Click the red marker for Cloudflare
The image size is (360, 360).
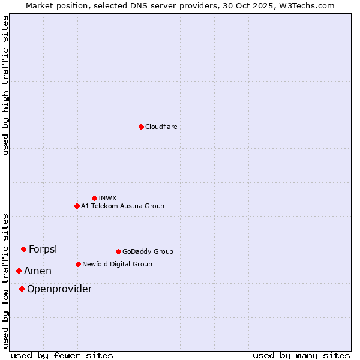[x=141, y=127]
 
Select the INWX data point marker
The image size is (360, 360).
[x=94, y=198]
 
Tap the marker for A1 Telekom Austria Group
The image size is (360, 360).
[x=77, y=206]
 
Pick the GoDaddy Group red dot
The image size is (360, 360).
[x=118, y=251]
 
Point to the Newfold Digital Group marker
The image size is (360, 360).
[x=78, y=264]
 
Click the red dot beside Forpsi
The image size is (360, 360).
[x=23, y=249]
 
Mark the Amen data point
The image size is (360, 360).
[x=19, y=271]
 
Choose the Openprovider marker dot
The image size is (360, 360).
[x=22, y=289]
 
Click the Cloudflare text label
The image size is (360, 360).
[x=161, y=127]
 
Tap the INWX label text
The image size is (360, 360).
[x=107, y=198]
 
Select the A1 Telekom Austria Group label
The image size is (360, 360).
[x=122, y=206]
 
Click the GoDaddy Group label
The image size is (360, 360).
[x=148, y=251]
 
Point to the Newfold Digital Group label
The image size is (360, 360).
[x=117, y=264]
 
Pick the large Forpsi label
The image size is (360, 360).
[x=43, y=250]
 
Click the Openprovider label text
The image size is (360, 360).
[x=59, y=289]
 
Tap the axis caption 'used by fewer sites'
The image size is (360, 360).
[x=62, y=355]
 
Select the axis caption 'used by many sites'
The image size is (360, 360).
[x=301, y=355]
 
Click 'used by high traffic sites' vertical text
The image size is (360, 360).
[x=5, y=85]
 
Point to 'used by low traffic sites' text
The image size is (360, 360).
[x=5, y=280]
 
